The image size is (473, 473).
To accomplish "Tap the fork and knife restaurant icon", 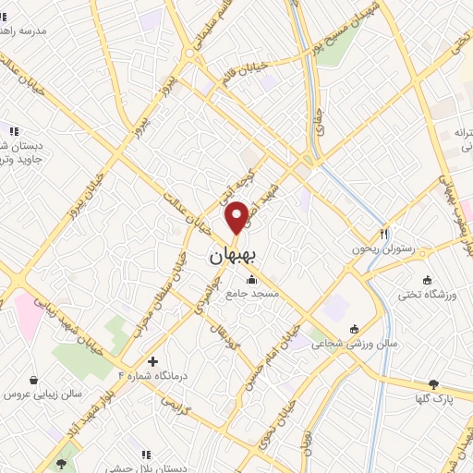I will pyautogui.click(x=384, y=234).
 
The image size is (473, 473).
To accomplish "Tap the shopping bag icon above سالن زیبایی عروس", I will pyautogui.click(x=34, y=379).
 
